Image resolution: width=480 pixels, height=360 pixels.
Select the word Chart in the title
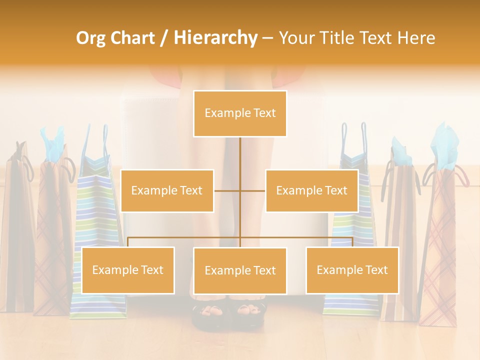point(132,38)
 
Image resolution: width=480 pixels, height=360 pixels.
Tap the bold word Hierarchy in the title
point(215,38)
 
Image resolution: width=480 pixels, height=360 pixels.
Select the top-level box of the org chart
point(240,113)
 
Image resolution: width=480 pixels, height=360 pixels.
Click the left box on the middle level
point(167,190)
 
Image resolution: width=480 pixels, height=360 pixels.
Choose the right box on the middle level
point(311,190)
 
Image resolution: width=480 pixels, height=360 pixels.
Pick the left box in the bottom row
point(128,270)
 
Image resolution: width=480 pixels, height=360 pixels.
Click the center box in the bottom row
point(240,270)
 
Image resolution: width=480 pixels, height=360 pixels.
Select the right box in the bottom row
point(352,270)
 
